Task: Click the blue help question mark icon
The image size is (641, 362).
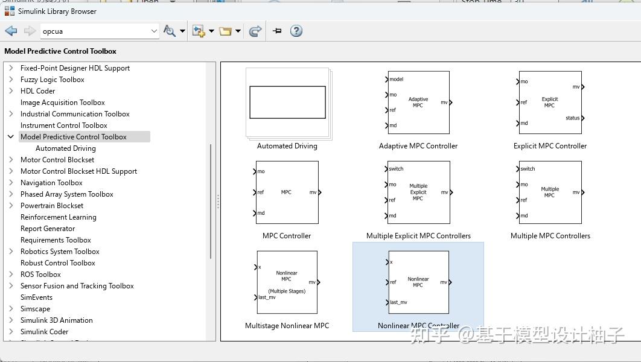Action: [x=296, y=31]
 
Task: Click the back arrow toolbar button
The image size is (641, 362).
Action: [x=11, y=31]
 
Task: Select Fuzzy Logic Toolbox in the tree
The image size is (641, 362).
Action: [x=52, y=80]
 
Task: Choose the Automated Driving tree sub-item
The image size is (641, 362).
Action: [x=65, y=148]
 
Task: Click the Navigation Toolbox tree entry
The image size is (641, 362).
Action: [x=51, y=183]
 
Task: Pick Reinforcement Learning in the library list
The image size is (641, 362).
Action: [x=58, y=217]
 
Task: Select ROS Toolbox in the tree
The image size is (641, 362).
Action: [x=40, y=275]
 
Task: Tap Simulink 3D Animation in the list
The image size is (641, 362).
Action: [x=56, y=320]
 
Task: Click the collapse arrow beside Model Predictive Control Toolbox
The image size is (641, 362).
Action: [x=10, y=137]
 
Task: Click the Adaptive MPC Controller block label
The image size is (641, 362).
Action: [x=418, y=146]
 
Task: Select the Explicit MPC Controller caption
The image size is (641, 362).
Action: [x=550, y=146]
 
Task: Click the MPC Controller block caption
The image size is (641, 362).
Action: [x=287, y=236]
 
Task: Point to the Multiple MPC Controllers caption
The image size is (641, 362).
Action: [x=550, y=236]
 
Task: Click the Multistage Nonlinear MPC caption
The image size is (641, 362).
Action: [x=287, y=326]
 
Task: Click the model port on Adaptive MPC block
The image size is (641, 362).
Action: [x=395, y=79]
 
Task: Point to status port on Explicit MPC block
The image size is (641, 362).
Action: [x=573, y=118]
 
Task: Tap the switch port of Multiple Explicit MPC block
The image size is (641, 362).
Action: [x=396, y=169]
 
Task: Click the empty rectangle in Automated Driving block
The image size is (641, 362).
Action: [x=287, y=102]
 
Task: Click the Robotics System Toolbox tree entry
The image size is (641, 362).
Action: [x=60, y=252]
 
